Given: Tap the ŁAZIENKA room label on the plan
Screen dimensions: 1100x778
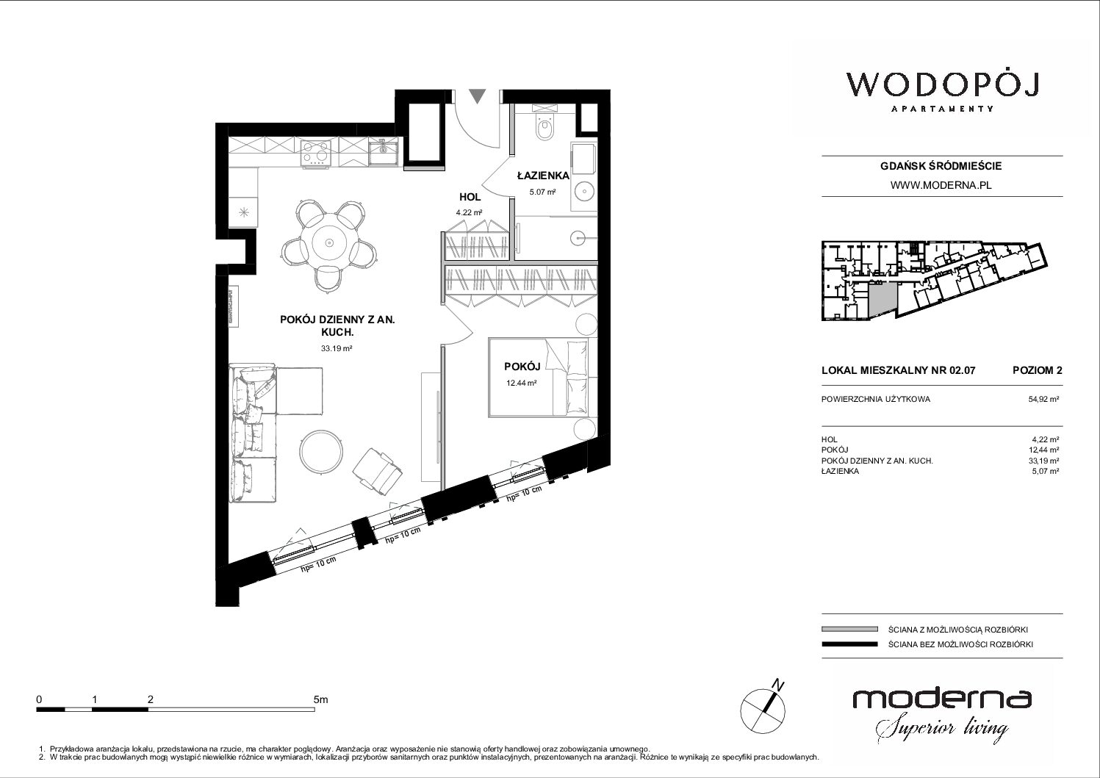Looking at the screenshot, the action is [543, 176].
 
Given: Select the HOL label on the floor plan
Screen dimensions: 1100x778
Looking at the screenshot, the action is [470, 197].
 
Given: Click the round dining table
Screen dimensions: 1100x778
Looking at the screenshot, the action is [329, 242].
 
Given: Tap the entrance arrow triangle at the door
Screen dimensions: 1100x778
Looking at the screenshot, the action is [478, 96].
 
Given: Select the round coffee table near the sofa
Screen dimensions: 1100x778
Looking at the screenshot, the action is [320, 452].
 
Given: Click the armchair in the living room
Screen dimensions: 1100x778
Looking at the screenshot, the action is [378, 471].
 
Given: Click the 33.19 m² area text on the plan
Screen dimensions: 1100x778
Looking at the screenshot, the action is [337, 348].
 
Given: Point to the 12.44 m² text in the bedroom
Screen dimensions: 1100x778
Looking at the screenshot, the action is [521, 383].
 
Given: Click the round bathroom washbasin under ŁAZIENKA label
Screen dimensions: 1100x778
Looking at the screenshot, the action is [584, 191].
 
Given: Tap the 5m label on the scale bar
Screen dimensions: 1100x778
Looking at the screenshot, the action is [320, 699].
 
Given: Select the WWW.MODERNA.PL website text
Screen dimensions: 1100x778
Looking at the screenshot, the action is [941, 185].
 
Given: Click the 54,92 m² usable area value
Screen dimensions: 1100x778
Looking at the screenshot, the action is [1043, 399].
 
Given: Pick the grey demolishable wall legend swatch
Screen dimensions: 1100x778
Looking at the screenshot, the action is [849, 630].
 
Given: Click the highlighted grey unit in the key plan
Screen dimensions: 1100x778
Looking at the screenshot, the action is [882, 300].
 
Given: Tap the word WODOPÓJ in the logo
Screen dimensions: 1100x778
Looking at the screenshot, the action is [942, 86].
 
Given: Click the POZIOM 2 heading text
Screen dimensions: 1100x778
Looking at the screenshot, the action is [1037, 370].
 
